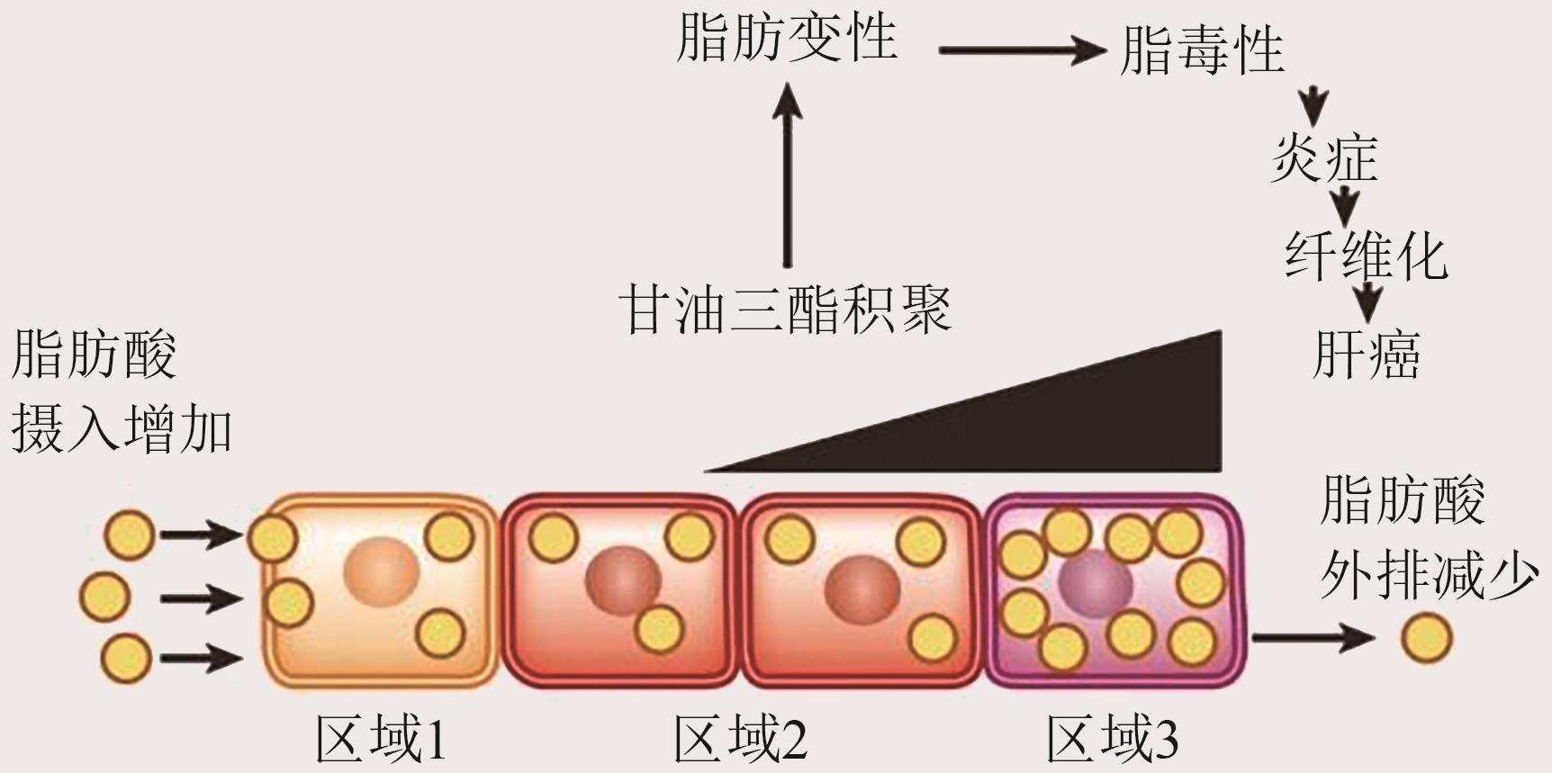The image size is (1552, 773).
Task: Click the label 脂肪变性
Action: [x=786, y=40]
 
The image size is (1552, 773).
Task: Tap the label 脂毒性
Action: [x=1201, y=50]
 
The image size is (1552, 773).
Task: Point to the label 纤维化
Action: [x=1365, y=256]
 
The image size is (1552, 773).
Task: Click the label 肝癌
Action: [x=1366, y=355]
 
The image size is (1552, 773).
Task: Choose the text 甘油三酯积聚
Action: [x=785, y=310]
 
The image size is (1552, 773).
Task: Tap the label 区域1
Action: [x=381, y=739]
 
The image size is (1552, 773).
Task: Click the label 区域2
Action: [x=740, y=739]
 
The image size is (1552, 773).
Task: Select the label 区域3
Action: [x=1112, y=739]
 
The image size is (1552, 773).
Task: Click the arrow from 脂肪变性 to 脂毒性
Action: [x=1021, y=50]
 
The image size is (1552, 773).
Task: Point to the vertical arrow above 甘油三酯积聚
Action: [x=788, y=175]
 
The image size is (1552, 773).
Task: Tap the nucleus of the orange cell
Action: [x=381, y=571]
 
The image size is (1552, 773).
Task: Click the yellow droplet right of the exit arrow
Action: [x=1426, y=638]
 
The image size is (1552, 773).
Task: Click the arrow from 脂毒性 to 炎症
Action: [x=1314, y=106]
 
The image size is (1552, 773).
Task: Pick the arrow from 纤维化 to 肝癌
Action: [x=1367, y=301]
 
